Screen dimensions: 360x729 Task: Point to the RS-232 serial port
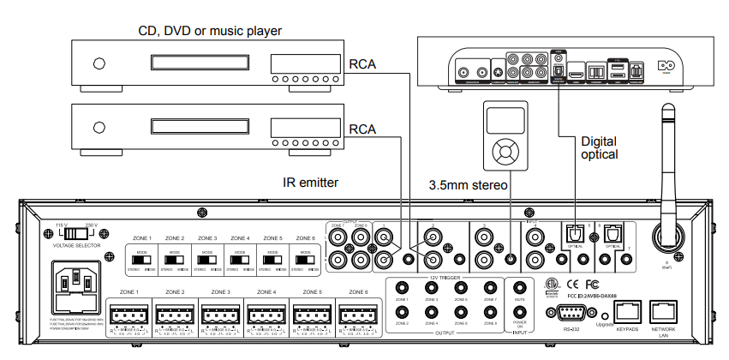(x=567, y=312)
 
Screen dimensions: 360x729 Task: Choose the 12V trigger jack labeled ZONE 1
(x=400, y=289)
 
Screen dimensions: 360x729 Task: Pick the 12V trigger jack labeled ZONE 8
(x=489, y=313)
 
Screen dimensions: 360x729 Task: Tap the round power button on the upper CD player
(x=99, y=63)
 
